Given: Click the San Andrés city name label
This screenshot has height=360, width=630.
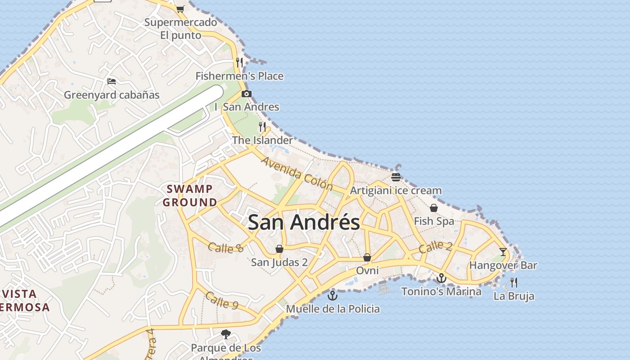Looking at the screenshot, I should click(x=304, y=222).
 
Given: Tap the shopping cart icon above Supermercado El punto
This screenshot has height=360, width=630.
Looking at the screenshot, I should click(x=180, y=9).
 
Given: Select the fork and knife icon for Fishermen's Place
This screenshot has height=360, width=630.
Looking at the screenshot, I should click(x=239, y=62).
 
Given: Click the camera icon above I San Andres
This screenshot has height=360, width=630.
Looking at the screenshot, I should click(x=246, y=94).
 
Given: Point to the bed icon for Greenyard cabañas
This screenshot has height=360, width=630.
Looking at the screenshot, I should click(x=112, y=81).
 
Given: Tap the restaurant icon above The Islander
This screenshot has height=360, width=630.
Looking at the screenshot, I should click(x=262, y=126).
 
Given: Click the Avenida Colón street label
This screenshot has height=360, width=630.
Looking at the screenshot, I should click(x=297, y=173).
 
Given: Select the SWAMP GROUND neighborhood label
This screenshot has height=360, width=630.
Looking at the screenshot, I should click(x=190, y=195).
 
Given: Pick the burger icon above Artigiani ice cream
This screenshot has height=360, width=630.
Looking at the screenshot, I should click(x=396, y=177).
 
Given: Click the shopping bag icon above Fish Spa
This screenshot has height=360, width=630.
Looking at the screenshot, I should click(x=434, y=208).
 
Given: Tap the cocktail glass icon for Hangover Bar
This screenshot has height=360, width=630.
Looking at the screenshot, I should click(x=503, y=252).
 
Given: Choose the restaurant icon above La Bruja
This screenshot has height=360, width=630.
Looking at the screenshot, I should click(x=514, y=283).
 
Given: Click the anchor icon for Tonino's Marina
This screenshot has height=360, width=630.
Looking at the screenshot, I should click(x=441, y=278).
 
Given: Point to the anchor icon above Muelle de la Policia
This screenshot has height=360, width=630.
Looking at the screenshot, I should click(x=333, y=296).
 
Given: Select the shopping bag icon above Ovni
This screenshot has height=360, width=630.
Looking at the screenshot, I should click(x=367, y=257).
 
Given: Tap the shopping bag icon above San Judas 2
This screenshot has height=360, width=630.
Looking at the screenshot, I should click(x=279, y=249).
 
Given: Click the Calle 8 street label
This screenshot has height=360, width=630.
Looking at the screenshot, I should click(x=226, y=247).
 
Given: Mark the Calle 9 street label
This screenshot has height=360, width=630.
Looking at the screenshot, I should click(x=222, y=300).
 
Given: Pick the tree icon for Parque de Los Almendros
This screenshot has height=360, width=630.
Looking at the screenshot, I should click(x=226, y=334).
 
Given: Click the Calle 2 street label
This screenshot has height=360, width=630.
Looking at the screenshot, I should click(x=436, y=247).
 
